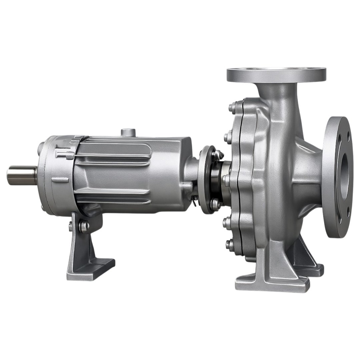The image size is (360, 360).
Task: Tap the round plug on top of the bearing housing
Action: (x=128, y=132)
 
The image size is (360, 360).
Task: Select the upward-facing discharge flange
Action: (x=276, y=74)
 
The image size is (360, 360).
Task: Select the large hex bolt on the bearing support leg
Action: (x=84, y=226)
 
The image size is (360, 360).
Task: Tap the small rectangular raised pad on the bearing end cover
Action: (x=60, y=180)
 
